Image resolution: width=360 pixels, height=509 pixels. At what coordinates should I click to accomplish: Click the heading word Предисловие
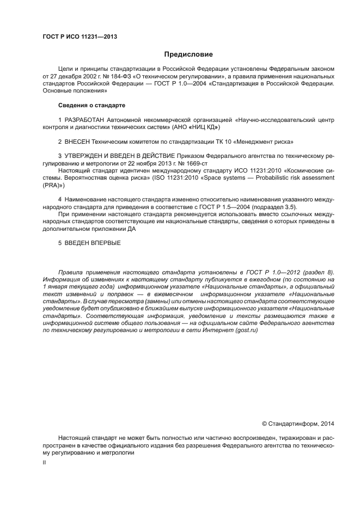tap(188, 54)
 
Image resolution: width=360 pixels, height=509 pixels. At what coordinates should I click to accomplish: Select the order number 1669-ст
tap(196, 163)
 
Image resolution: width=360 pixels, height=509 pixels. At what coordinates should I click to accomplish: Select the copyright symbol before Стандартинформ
tap(265, 423)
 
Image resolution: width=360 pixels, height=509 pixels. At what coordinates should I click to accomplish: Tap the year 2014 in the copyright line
tap(327, 423)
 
